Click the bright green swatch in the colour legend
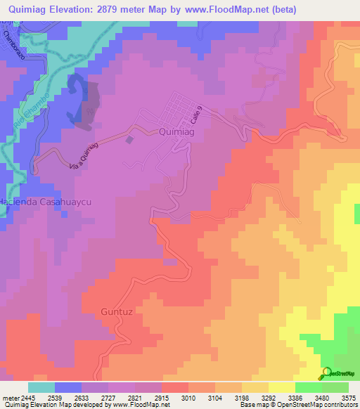point(308,387)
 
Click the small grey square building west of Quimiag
point(129,139)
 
